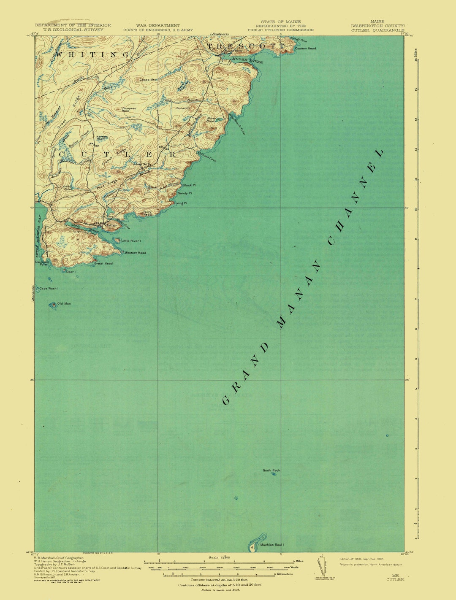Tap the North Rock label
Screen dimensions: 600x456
click(271, 470)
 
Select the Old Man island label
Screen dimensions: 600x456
click(64, 304)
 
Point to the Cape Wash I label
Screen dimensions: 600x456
click(49, 289)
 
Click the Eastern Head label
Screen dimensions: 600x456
click(305, 49)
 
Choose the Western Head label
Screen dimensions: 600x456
click(135, 253)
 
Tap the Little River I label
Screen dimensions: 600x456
click(131, 241)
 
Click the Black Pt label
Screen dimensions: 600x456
click(189, 185)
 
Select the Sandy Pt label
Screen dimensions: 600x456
click(185, 193)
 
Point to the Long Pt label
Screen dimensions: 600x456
click(181, 203)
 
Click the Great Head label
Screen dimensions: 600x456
click(103, 264)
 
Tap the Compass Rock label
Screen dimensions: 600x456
click(129, 109)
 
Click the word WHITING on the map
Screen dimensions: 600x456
click(92, 54)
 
